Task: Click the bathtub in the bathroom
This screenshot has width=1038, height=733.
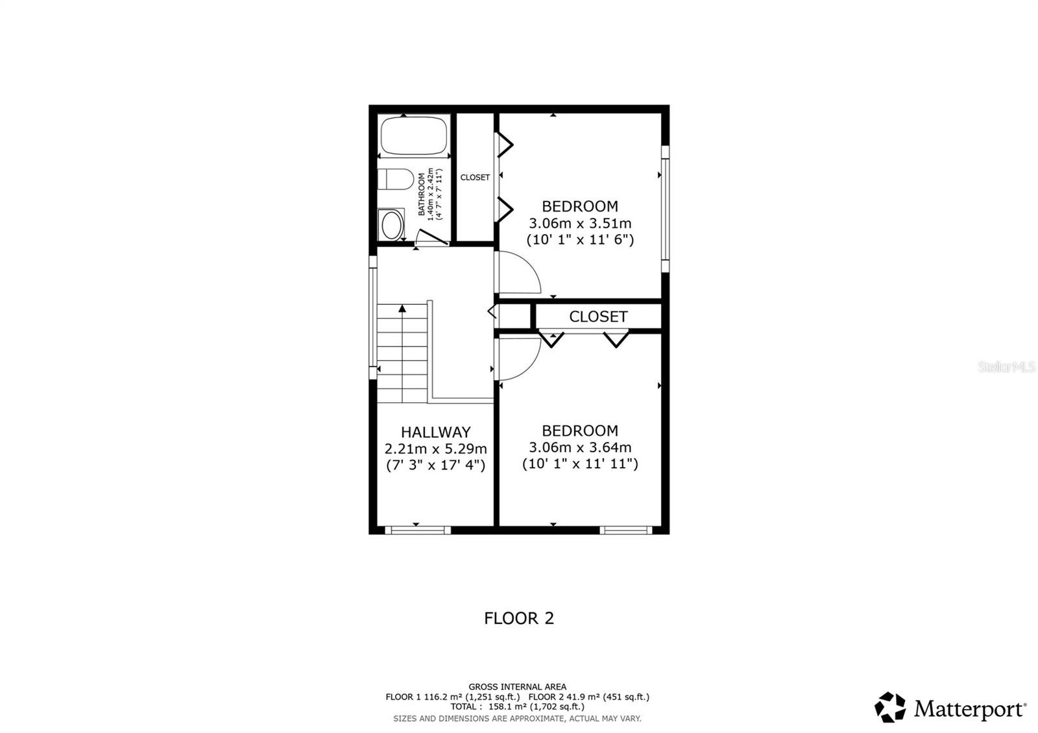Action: tap(415, 135)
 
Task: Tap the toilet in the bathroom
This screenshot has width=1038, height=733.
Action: tap(396, 178)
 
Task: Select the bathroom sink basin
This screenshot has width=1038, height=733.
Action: tap(391, 225)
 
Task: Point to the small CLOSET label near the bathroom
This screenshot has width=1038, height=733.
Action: tap(475, 178)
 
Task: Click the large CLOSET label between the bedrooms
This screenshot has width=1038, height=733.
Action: tap(598, 317)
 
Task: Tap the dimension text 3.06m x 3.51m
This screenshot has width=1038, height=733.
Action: tap(580, 223)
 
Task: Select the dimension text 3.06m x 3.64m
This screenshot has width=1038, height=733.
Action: tap(580, 448)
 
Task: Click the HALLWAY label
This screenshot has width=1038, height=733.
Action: tap(435, 432)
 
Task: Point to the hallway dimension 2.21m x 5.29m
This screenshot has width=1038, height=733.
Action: tap(435, 449)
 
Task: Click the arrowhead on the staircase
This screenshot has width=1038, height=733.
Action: tap(402, 309)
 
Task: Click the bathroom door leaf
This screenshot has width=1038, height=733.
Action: tap(433, 237)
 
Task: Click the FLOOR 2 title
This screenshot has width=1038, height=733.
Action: tap(519, 618)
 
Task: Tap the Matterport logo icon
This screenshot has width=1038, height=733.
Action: tap(890, 707)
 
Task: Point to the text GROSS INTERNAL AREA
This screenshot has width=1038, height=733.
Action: tap(517, 686)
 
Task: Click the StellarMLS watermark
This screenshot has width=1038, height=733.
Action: tap(1007, 367)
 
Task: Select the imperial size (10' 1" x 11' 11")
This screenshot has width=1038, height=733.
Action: tap(580, 464)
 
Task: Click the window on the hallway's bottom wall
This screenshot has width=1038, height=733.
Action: tap(418, 530)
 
